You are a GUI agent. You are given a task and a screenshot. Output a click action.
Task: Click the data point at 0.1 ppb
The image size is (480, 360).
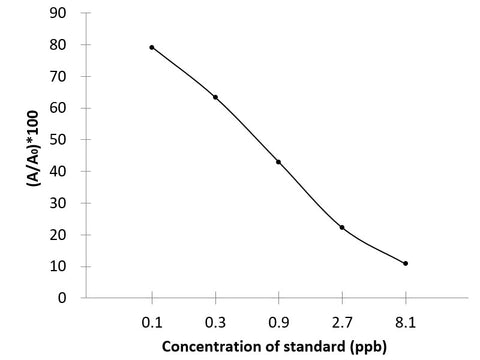152,47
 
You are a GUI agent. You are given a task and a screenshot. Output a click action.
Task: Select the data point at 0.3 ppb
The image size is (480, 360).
215,97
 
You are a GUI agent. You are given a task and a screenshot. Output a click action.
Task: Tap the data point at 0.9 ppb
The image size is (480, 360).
278,161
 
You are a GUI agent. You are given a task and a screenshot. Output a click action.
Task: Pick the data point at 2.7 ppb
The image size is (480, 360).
342,227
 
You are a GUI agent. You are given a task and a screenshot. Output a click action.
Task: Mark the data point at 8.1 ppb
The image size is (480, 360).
405,263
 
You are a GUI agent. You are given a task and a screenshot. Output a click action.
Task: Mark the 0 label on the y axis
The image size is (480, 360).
65,298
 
